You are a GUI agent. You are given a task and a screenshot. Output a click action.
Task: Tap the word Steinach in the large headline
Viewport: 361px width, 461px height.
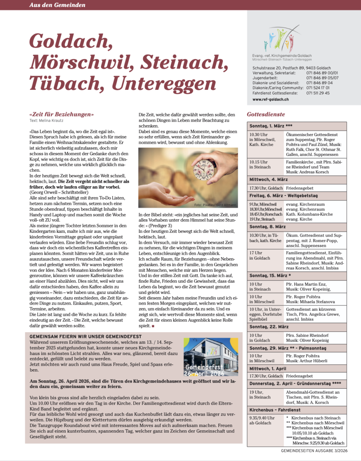(182, 61)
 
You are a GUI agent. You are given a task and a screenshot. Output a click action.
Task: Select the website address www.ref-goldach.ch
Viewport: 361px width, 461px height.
(270, 99)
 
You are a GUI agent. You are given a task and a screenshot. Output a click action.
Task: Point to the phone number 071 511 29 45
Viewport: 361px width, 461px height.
(318, 93)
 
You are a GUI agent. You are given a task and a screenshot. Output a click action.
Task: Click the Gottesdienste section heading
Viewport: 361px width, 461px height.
(266, 114)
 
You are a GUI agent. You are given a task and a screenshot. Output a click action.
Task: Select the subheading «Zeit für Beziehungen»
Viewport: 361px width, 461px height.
(61, 114)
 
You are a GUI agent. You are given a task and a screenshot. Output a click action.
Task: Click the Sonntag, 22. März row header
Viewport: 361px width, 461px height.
(269, 327)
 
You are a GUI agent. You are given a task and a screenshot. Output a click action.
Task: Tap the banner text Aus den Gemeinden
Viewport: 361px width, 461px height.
(58, 5)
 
